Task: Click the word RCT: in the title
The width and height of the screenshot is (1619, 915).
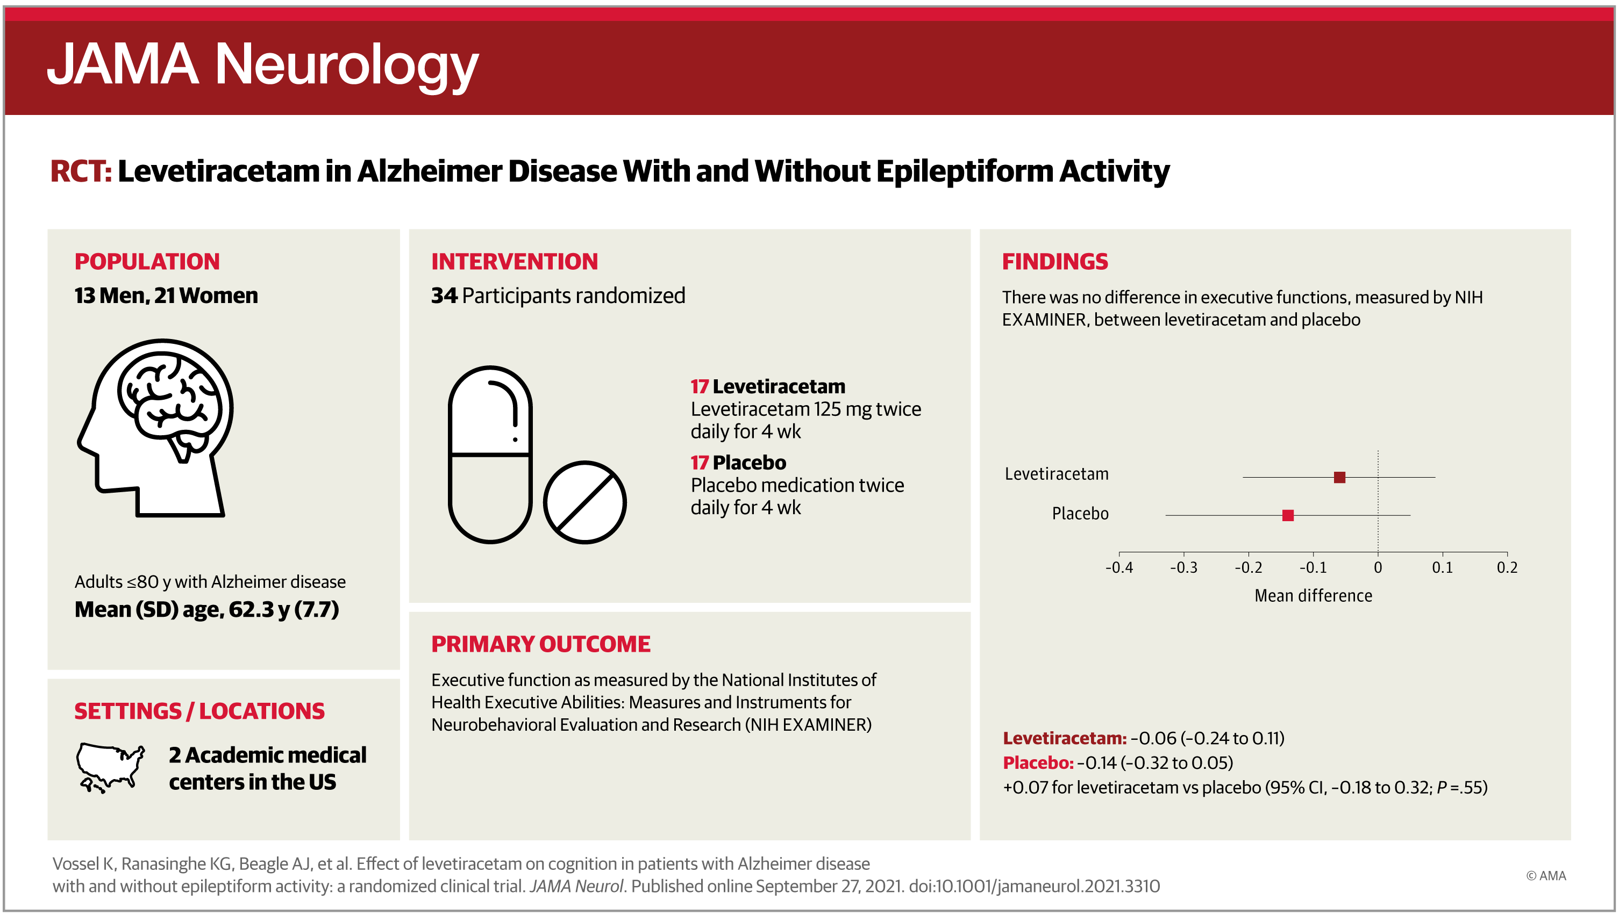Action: point(81,171)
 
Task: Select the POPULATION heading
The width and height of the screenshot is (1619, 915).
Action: point(147,262)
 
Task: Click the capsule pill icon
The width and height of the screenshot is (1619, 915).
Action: point(490,453)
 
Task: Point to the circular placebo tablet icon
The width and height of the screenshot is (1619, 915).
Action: point(584,502)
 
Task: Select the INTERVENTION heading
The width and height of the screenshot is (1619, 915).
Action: point(515,262)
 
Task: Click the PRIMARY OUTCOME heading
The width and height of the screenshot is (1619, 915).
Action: point(541,644)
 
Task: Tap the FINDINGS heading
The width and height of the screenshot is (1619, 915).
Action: point(1054,262)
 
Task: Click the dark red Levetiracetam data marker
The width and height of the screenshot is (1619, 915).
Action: point(1339,477)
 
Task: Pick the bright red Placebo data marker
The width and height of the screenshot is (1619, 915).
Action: point(1288,515)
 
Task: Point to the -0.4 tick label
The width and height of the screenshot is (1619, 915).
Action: point(1119,567)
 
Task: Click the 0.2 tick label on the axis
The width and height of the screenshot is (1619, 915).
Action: point(1507,567)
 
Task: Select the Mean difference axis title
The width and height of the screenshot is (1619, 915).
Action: point(1314,596)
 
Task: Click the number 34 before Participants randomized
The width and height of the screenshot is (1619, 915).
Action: point(444,296)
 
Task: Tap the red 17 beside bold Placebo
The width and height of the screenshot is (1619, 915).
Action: point(699,463)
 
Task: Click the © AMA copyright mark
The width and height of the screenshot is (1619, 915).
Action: point(1545,875)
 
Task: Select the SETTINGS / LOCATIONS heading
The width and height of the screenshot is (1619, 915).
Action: point(199,711)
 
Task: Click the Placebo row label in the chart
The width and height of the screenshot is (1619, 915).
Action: point(1080,514)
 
